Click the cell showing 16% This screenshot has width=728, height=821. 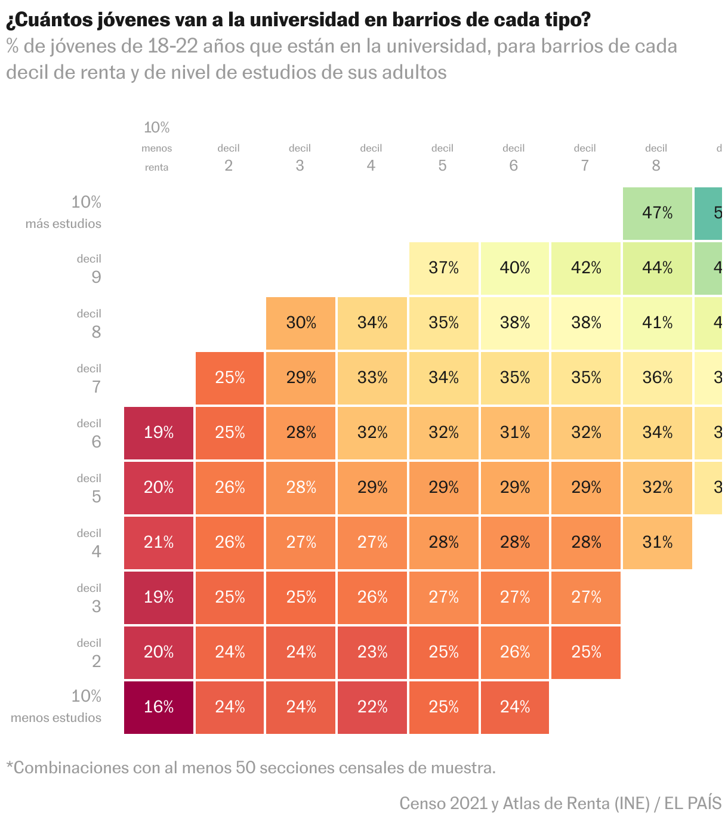point(159,707)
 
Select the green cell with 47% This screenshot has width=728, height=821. point(657,213)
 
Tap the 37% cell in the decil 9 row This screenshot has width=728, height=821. point(443,268)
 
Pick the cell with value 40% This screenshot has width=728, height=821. point(514,268)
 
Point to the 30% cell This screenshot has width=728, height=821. point(301,323)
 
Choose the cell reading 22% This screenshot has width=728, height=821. point(372,707)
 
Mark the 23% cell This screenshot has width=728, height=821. point(372,652)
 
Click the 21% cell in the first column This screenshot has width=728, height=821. point(159,542)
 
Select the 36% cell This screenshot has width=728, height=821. point(657,378)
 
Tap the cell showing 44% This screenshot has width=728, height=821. point(657,268)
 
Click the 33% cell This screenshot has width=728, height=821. point(372,378)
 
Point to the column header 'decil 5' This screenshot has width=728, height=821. point(442,158)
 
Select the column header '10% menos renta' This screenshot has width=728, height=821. point(157,147)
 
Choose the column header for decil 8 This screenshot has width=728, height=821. point(656,158)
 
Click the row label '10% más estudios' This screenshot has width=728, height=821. point(63,212)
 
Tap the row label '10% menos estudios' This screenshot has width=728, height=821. point(57,706)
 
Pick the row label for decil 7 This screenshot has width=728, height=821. point(90,378)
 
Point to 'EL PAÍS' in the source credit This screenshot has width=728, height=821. point(693,803)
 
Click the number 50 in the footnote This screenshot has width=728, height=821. point(245,767)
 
